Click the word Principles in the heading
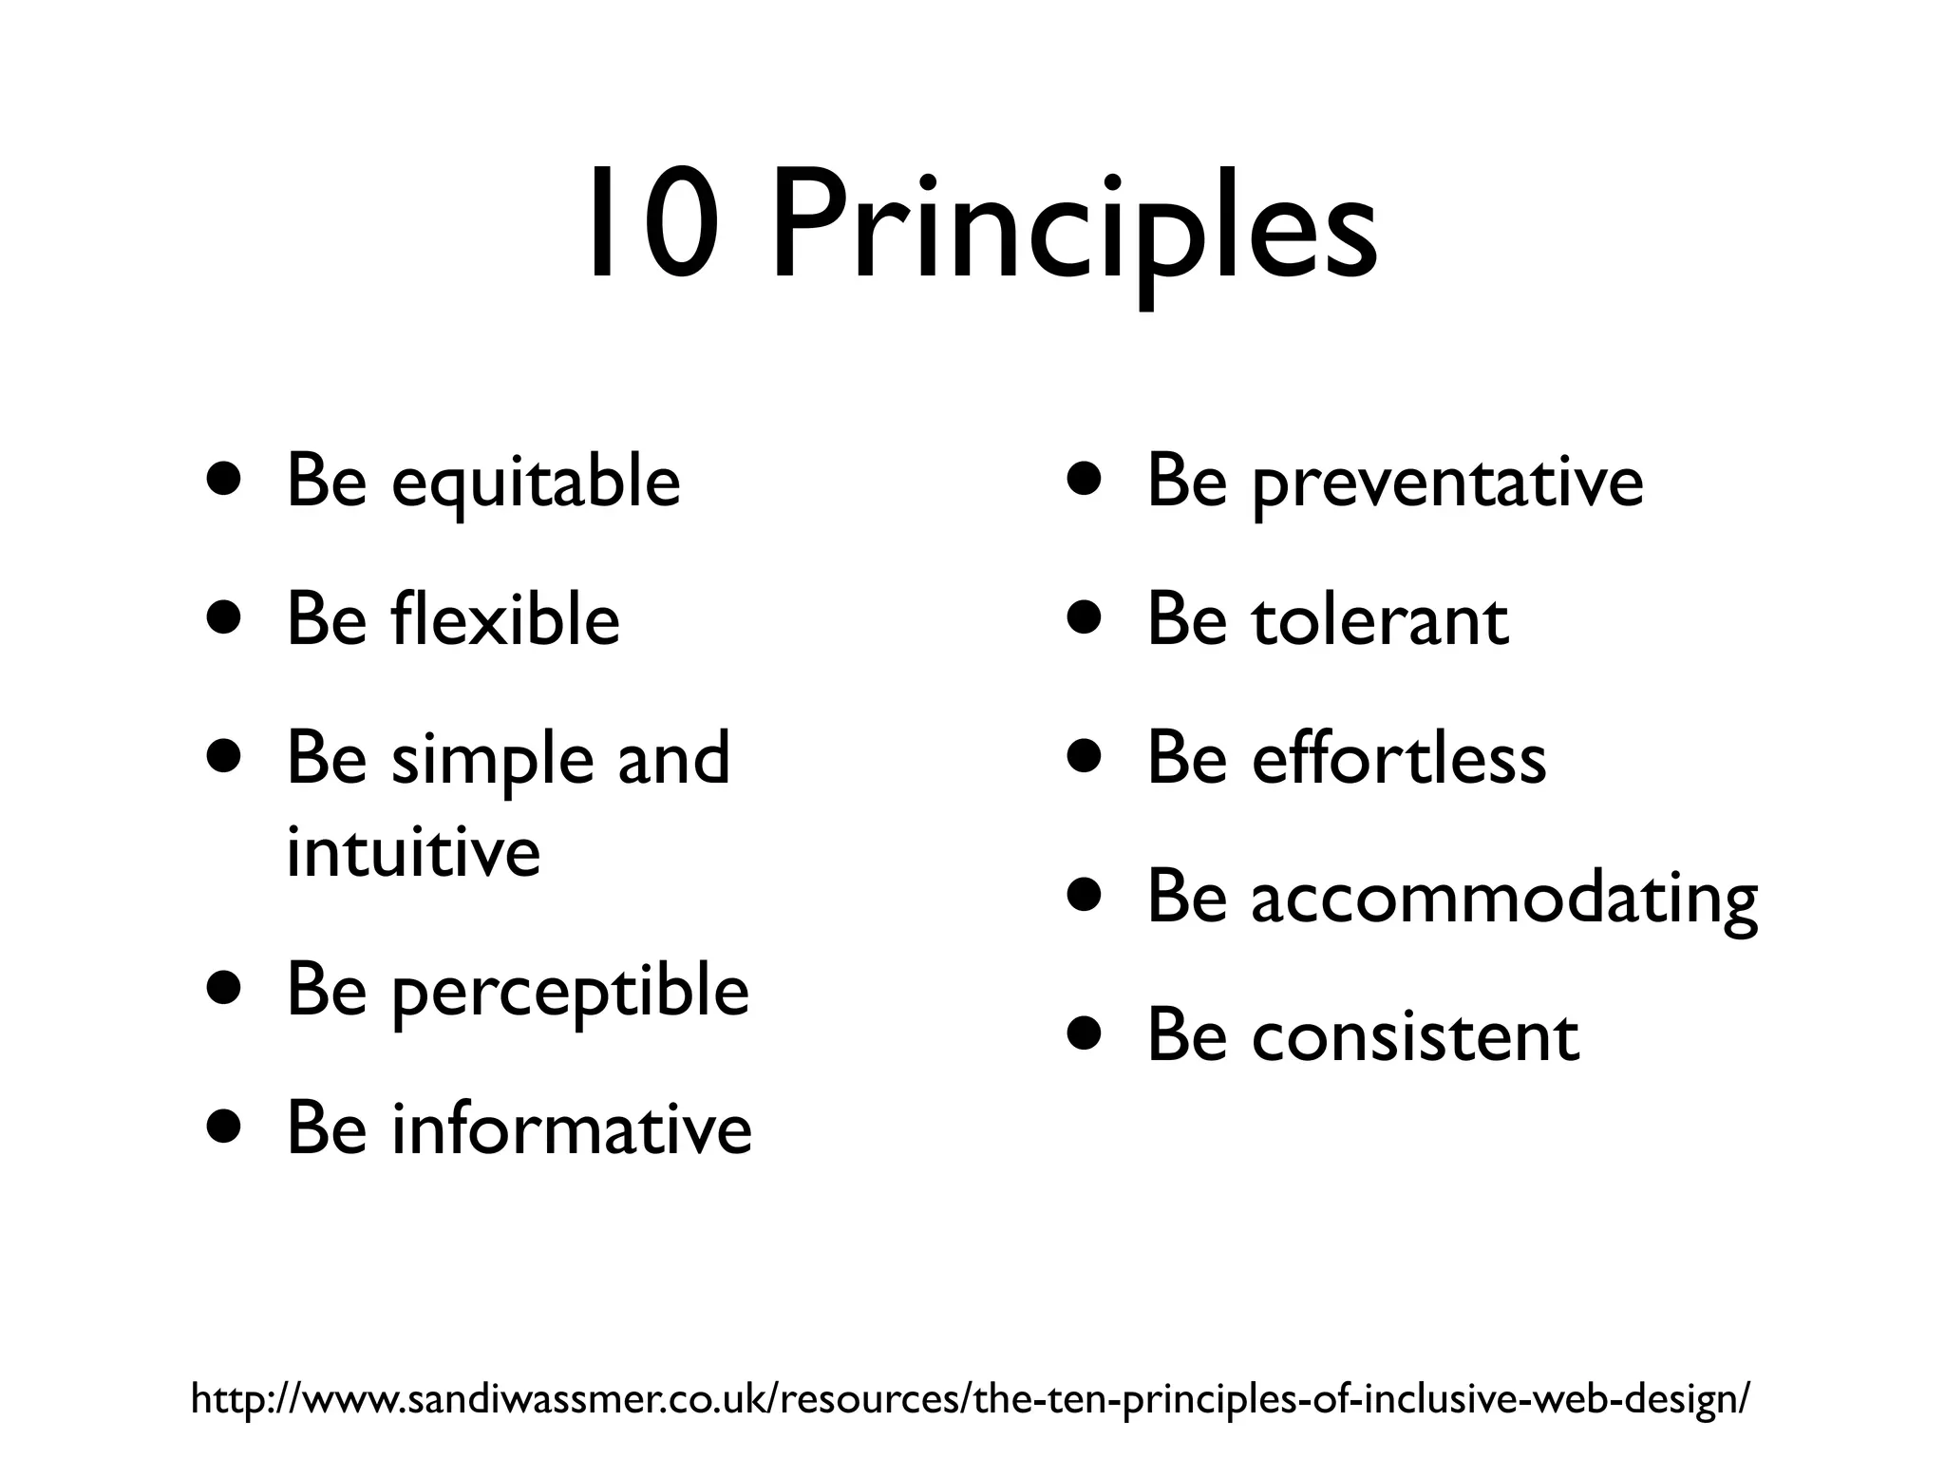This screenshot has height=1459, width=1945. (x=1073, y=228)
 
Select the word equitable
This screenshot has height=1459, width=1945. (x=536, y=483)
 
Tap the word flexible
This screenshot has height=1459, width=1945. (x=505, y=619)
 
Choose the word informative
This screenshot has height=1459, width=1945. (x=572, y=1129)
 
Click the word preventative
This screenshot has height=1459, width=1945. (x=1447, y=483)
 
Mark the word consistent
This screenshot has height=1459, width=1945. (x=1415, y=1036)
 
